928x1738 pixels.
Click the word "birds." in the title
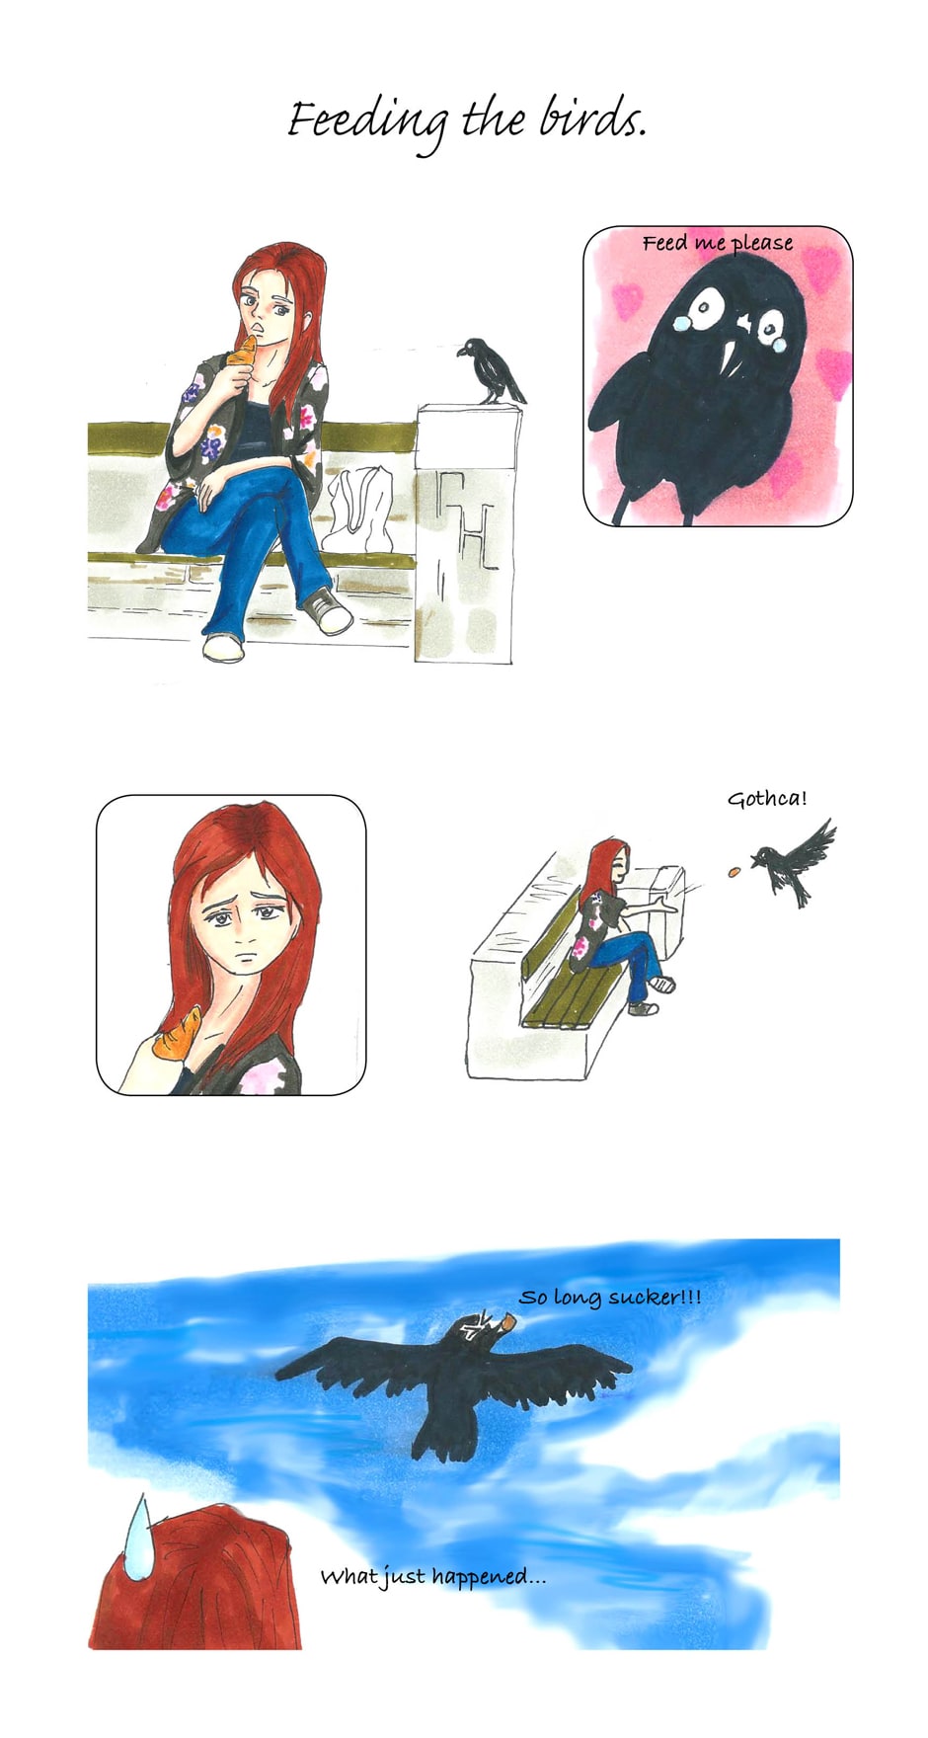coord(592,120)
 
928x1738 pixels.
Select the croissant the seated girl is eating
coord(243,353)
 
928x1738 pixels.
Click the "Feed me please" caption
coord(718,244)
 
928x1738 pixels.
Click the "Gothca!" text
coord(767,799)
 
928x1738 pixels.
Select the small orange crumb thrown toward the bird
coord(734,871)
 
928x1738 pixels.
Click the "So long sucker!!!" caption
coord(610,1298)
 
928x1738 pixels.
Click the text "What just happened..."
coord(432,1577)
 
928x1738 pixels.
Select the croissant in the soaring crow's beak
coord(507,1320)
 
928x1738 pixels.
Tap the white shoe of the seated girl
coord(223,648)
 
